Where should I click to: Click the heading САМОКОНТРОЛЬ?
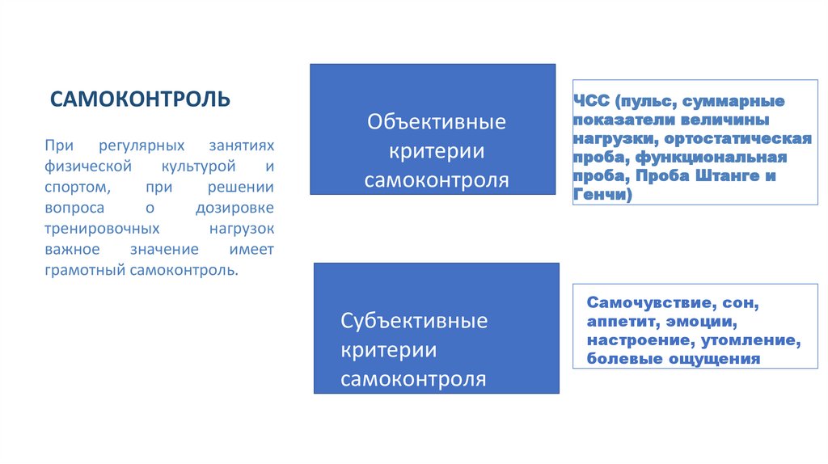pos(140,99)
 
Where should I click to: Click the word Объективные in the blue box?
pos(437,122)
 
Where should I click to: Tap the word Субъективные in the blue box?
pos(414,321)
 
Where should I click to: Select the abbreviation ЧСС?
pos(591,102)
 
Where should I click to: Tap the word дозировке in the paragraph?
pos(236,208)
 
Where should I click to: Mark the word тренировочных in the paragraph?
pos(95,229)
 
